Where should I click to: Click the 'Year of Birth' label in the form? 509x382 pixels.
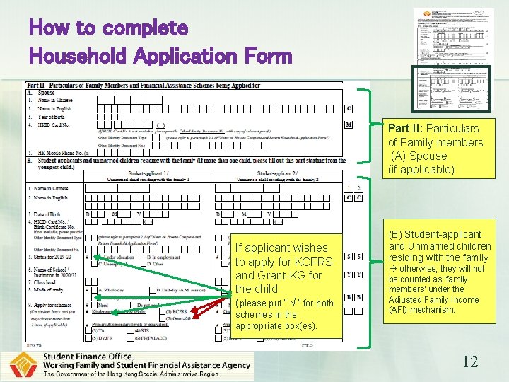(53, 117)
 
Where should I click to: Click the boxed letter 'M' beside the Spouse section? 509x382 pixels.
(349, 125)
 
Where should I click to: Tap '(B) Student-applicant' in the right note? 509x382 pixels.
(435, 234)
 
